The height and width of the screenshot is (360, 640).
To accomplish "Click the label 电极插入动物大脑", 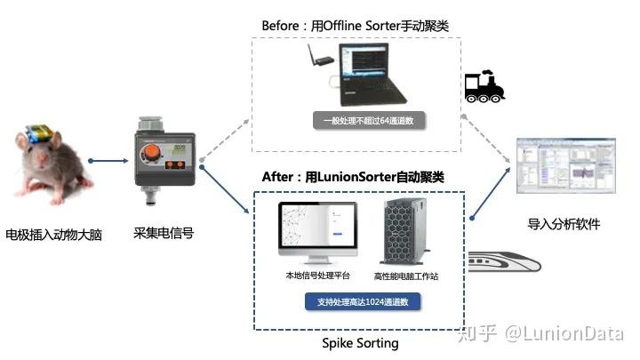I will [x=54, y=236].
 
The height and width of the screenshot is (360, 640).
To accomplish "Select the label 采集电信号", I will [x=164, y=233].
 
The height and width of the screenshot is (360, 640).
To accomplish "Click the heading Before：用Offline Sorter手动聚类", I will [x=356, y=25].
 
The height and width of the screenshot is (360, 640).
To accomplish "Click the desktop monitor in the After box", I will [x=317, y=232].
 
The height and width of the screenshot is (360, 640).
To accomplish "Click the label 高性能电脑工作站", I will [x=406, y=276].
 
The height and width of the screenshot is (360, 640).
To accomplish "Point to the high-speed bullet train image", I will [x=516, y=258].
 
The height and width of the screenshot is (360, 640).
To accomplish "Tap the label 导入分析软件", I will [x=563, y=224].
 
